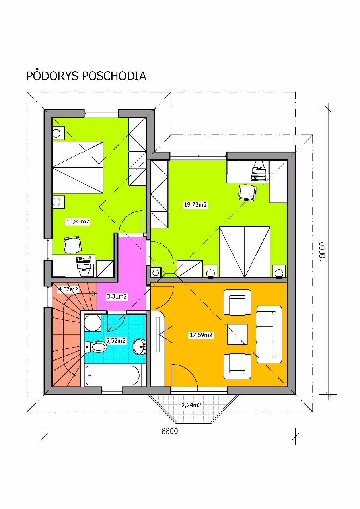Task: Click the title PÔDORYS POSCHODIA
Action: click(86, 76)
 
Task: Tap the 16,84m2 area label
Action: click(78, 221)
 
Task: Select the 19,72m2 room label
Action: click(195, 204)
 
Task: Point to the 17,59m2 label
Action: click(201, 335)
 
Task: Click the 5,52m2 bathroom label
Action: click(116, 340)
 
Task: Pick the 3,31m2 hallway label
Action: click(117, 296)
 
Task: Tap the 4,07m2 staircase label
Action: click(68, 289)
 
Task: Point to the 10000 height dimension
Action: click(322, 252)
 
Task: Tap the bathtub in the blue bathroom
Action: click(113, 375)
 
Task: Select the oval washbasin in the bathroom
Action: click(140, 346)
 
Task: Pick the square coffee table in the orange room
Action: click(237, 334)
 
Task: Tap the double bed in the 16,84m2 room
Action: click(78, 167)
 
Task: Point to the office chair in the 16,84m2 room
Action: click(72, 245)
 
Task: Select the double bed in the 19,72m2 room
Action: click(245, 252)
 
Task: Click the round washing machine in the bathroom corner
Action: click(93, 322)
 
